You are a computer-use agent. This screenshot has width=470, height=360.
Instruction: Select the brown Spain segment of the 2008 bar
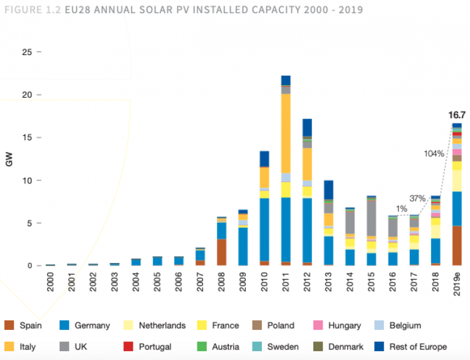click(x=222, y=252)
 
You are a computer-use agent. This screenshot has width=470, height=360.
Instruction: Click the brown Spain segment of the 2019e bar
click(x=457, y=245)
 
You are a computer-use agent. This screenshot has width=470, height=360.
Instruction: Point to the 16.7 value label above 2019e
click(x=457, y=115)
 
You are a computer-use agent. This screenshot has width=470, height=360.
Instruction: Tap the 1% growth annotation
click(x=401, y=208)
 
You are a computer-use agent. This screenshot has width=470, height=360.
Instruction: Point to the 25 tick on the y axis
click(x=27, y=52)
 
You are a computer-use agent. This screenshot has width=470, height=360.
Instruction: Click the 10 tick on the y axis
click(x=27, y=180)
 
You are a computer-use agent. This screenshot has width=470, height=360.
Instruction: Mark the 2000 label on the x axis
click(x=51, y=281)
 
